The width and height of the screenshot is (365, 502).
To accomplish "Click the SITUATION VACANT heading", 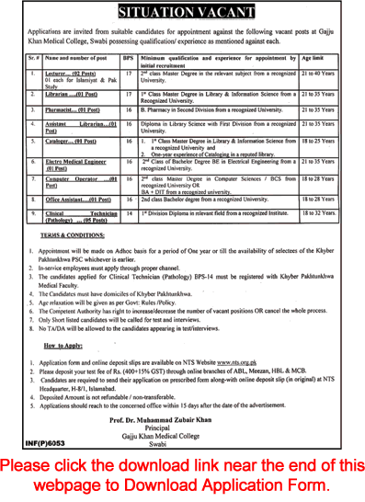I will click(182, 10).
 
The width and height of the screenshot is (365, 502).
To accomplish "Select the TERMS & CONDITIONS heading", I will click(66, 235).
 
